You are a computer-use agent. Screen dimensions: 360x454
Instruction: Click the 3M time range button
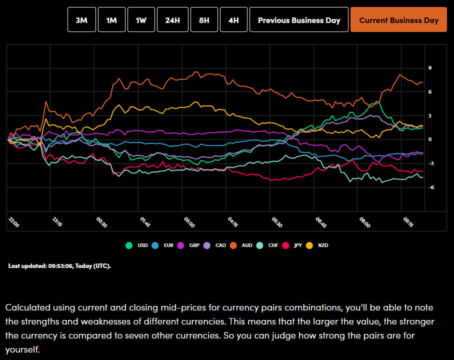tap(81, 20)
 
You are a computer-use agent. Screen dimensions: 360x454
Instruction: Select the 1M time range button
tap(111, 20)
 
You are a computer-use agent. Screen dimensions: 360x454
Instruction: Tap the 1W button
tap(141, 20)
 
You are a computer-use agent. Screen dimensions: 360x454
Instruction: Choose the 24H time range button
tap(172, 20)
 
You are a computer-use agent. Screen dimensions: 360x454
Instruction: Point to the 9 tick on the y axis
tap(430, 68)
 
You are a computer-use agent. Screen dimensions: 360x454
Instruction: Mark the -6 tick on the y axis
tap(430, 187)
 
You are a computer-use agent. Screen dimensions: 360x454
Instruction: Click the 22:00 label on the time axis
tap(14, 222)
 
